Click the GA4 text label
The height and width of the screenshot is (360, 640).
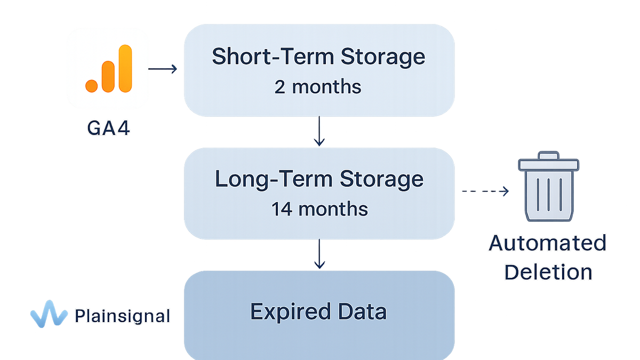[x=108, y=128]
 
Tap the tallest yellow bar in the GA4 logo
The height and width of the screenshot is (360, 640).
[x=125, y=69]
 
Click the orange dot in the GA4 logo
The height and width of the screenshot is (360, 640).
[x=91, y=86]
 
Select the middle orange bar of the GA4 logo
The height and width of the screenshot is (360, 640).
[x=108, y=77]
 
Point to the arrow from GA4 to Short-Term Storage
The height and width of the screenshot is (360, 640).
[x=163, y=69]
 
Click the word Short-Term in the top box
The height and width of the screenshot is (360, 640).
[x=273, y=57]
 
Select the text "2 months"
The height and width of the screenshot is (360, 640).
[x=318, y=87]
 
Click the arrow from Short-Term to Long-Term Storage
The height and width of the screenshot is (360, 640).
[x=319, y=131]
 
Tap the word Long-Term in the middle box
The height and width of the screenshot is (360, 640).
[x=274, y=179]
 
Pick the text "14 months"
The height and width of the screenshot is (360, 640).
[x=319, y=209]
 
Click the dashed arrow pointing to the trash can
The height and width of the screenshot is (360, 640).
[x=485, y=191]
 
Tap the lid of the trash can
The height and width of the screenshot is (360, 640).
[x=549, y=165]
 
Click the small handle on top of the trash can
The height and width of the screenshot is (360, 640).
[x=548, y=155]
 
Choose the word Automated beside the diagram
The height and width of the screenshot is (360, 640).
[x=547, y=243]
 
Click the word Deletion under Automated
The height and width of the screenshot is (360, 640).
[x=548, y=272]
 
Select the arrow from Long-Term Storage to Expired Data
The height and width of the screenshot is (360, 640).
[x=319, y=254]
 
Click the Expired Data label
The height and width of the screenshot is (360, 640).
[x=318, y=311]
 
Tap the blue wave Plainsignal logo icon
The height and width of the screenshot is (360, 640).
[x=49, y=314]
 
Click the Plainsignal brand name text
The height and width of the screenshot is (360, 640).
[x=122, y=316]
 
